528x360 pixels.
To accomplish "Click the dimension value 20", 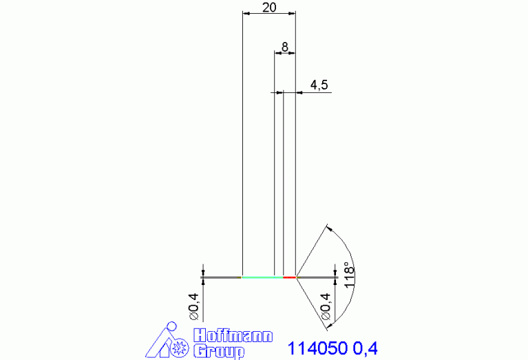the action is coord(269,7).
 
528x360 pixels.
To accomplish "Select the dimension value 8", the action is coord(285,47).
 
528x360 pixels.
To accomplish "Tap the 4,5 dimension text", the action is coord(319,85).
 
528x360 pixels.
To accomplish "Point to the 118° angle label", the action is coord(350,275).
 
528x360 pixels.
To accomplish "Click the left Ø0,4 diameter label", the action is coord(194,306).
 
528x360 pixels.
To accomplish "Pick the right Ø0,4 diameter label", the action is coord(326,306).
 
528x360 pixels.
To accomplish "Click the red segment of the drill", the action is coord(290,277).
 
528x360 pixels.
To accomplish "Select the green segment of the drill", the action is coord(263,277).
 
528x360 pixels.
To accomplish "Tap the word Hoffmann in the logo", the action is coord(233,336).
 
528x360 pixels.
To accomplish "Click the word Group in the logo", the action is coord(219,351).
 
